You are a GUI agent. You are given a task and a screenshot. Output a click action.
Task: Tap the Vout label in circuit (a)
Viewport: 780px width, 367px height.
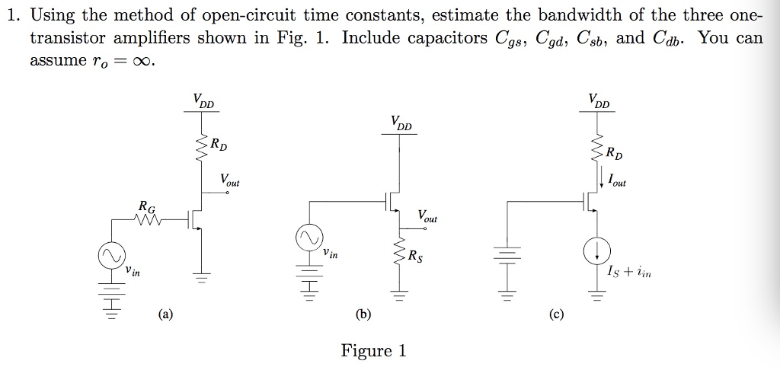[x=229, y=181]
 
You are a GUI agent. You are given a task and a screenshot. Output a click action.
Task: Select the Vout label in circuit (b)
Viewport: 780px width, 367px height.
[x=427, y=217]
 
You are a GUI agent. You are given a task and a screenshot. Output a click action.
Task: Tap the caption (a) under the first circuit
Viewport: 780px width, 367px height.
[x=165, y=313]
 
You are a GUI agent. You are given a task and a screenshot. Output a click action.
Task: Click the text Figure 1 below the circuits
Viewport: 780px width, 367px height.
[x=373, y=350]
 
